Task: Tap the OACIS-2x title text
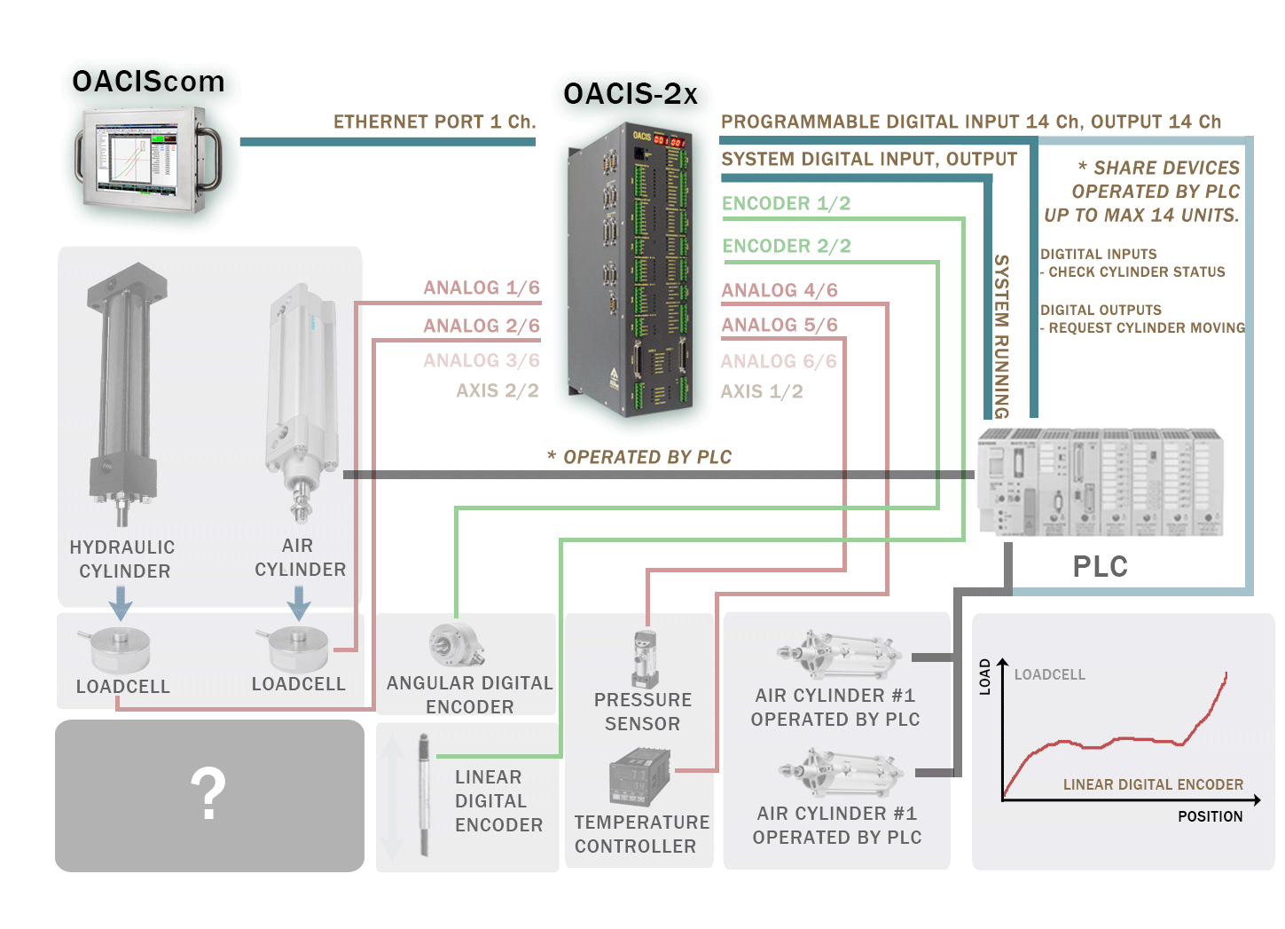click(631, 93)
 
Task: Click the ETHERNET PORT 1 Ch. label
click(435, 122)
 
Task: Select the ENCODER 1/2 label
click(786, 203)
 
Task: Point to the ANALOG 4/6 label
click(780, 290)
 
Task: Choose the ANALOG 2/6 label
click(482, 326)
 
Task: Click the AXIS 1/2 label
click(762, 391)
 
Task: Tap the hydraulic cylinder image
click(124, 390)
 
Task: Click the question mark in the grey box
click(208, 794)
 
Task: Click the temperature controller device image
click(639, 776)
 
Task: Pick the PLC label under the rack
click(1100, 566)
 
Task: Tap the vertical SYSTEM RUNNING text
click(1001, 336)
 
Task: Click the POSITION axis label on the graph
click(1210, 816)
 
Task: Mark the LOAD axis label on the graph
click(984, 676)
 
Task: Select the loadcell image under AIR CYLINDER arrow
click(299, 650)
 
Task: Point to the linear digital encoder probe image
click(424, 794)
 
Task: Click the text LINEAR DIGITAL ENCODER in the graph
click(1153, 784)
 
